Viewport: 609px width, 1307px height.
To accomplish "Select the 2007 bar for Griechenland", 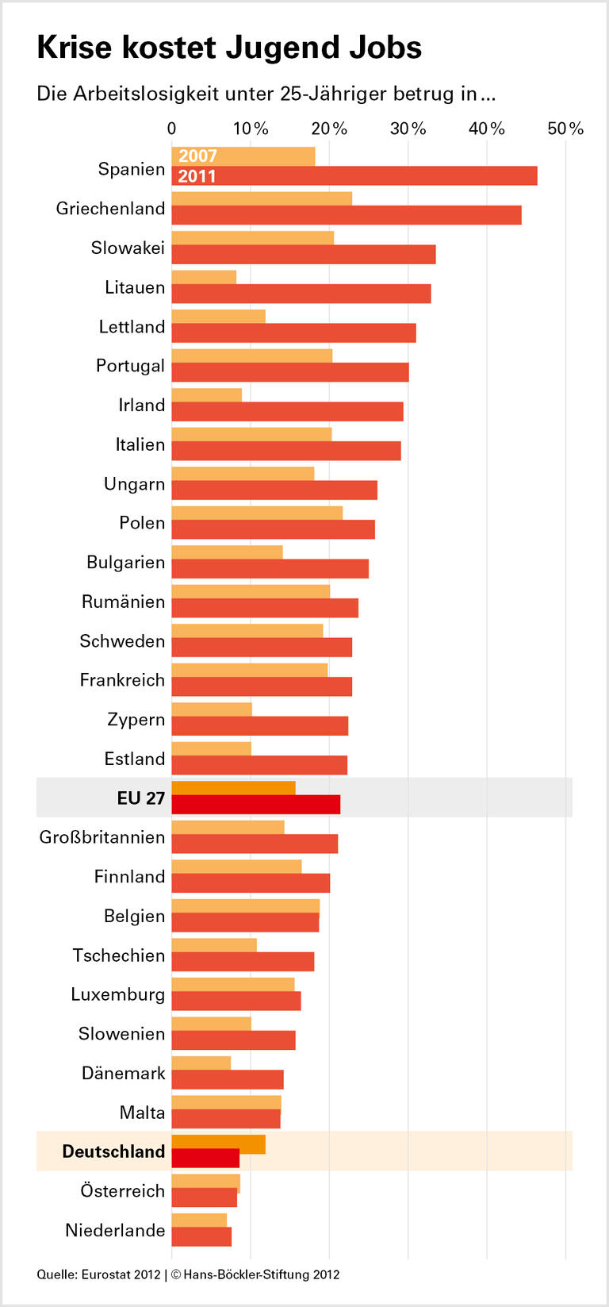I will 262,198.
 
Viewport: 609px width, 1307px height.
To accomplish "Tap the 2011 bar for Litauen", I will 301,294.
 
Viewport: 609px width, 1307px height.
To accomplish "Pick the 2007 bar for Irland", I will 207,395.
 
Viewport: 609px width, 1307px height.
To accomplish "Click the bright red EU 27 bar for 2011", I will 255,804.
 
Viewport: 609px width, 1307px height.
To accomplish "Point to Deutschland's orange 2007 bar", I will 218,1144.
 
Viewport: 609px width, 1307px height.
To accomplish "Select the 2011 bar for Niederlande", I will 201,1236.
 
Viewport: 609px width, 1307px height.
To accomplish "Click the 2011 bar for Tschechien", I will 243,961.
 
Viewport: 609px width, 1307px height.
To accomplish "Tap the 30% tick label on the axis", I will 408,129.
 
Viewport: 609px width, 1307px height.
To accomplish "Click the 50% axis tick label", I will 565,129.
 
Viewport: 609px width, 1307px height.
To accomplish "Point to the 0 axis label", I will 172,129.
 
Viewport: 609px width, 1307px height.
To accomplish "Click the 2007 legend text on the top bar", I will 197,156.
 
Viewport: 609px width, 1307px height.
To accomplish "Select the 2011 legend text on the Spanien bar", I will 197,176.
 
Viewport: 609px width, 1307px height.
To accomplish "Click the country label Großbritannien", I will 102,837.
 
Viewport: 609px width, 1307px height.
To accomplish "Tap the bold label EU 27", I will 140,798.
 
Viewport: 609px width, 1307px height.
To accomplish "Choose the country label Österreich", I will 122,1190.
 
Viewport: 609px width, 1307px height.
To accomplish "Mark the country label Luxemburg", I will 117,994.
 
